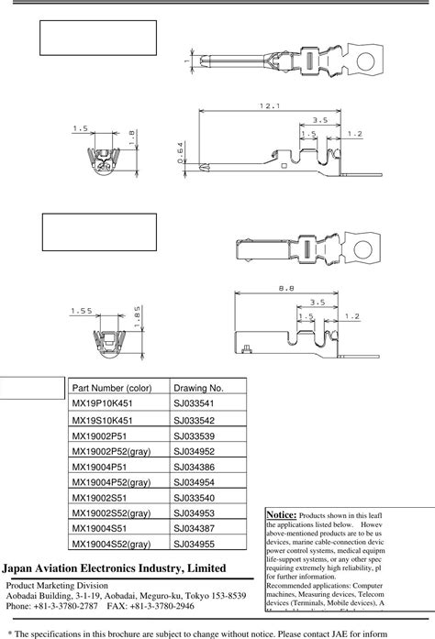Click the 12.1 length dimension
pyautogui.click(x=269, y=106)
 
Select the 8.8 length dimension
pyautogui.click(x=286, y=290)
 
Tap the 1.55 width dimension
pyautogui.click(x=81, y=312)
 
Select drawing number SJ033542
pyautogui.click(x=193, y=421)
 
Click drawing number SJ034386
pyautogui.click(x=193, y=468)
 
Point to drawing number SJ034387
pyautogui.click(x=193, y=533)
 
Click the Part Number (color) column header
pyautogui.click(x=112, y=389)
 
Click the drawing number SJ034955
pyautogui.click(x=193, y=548)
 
